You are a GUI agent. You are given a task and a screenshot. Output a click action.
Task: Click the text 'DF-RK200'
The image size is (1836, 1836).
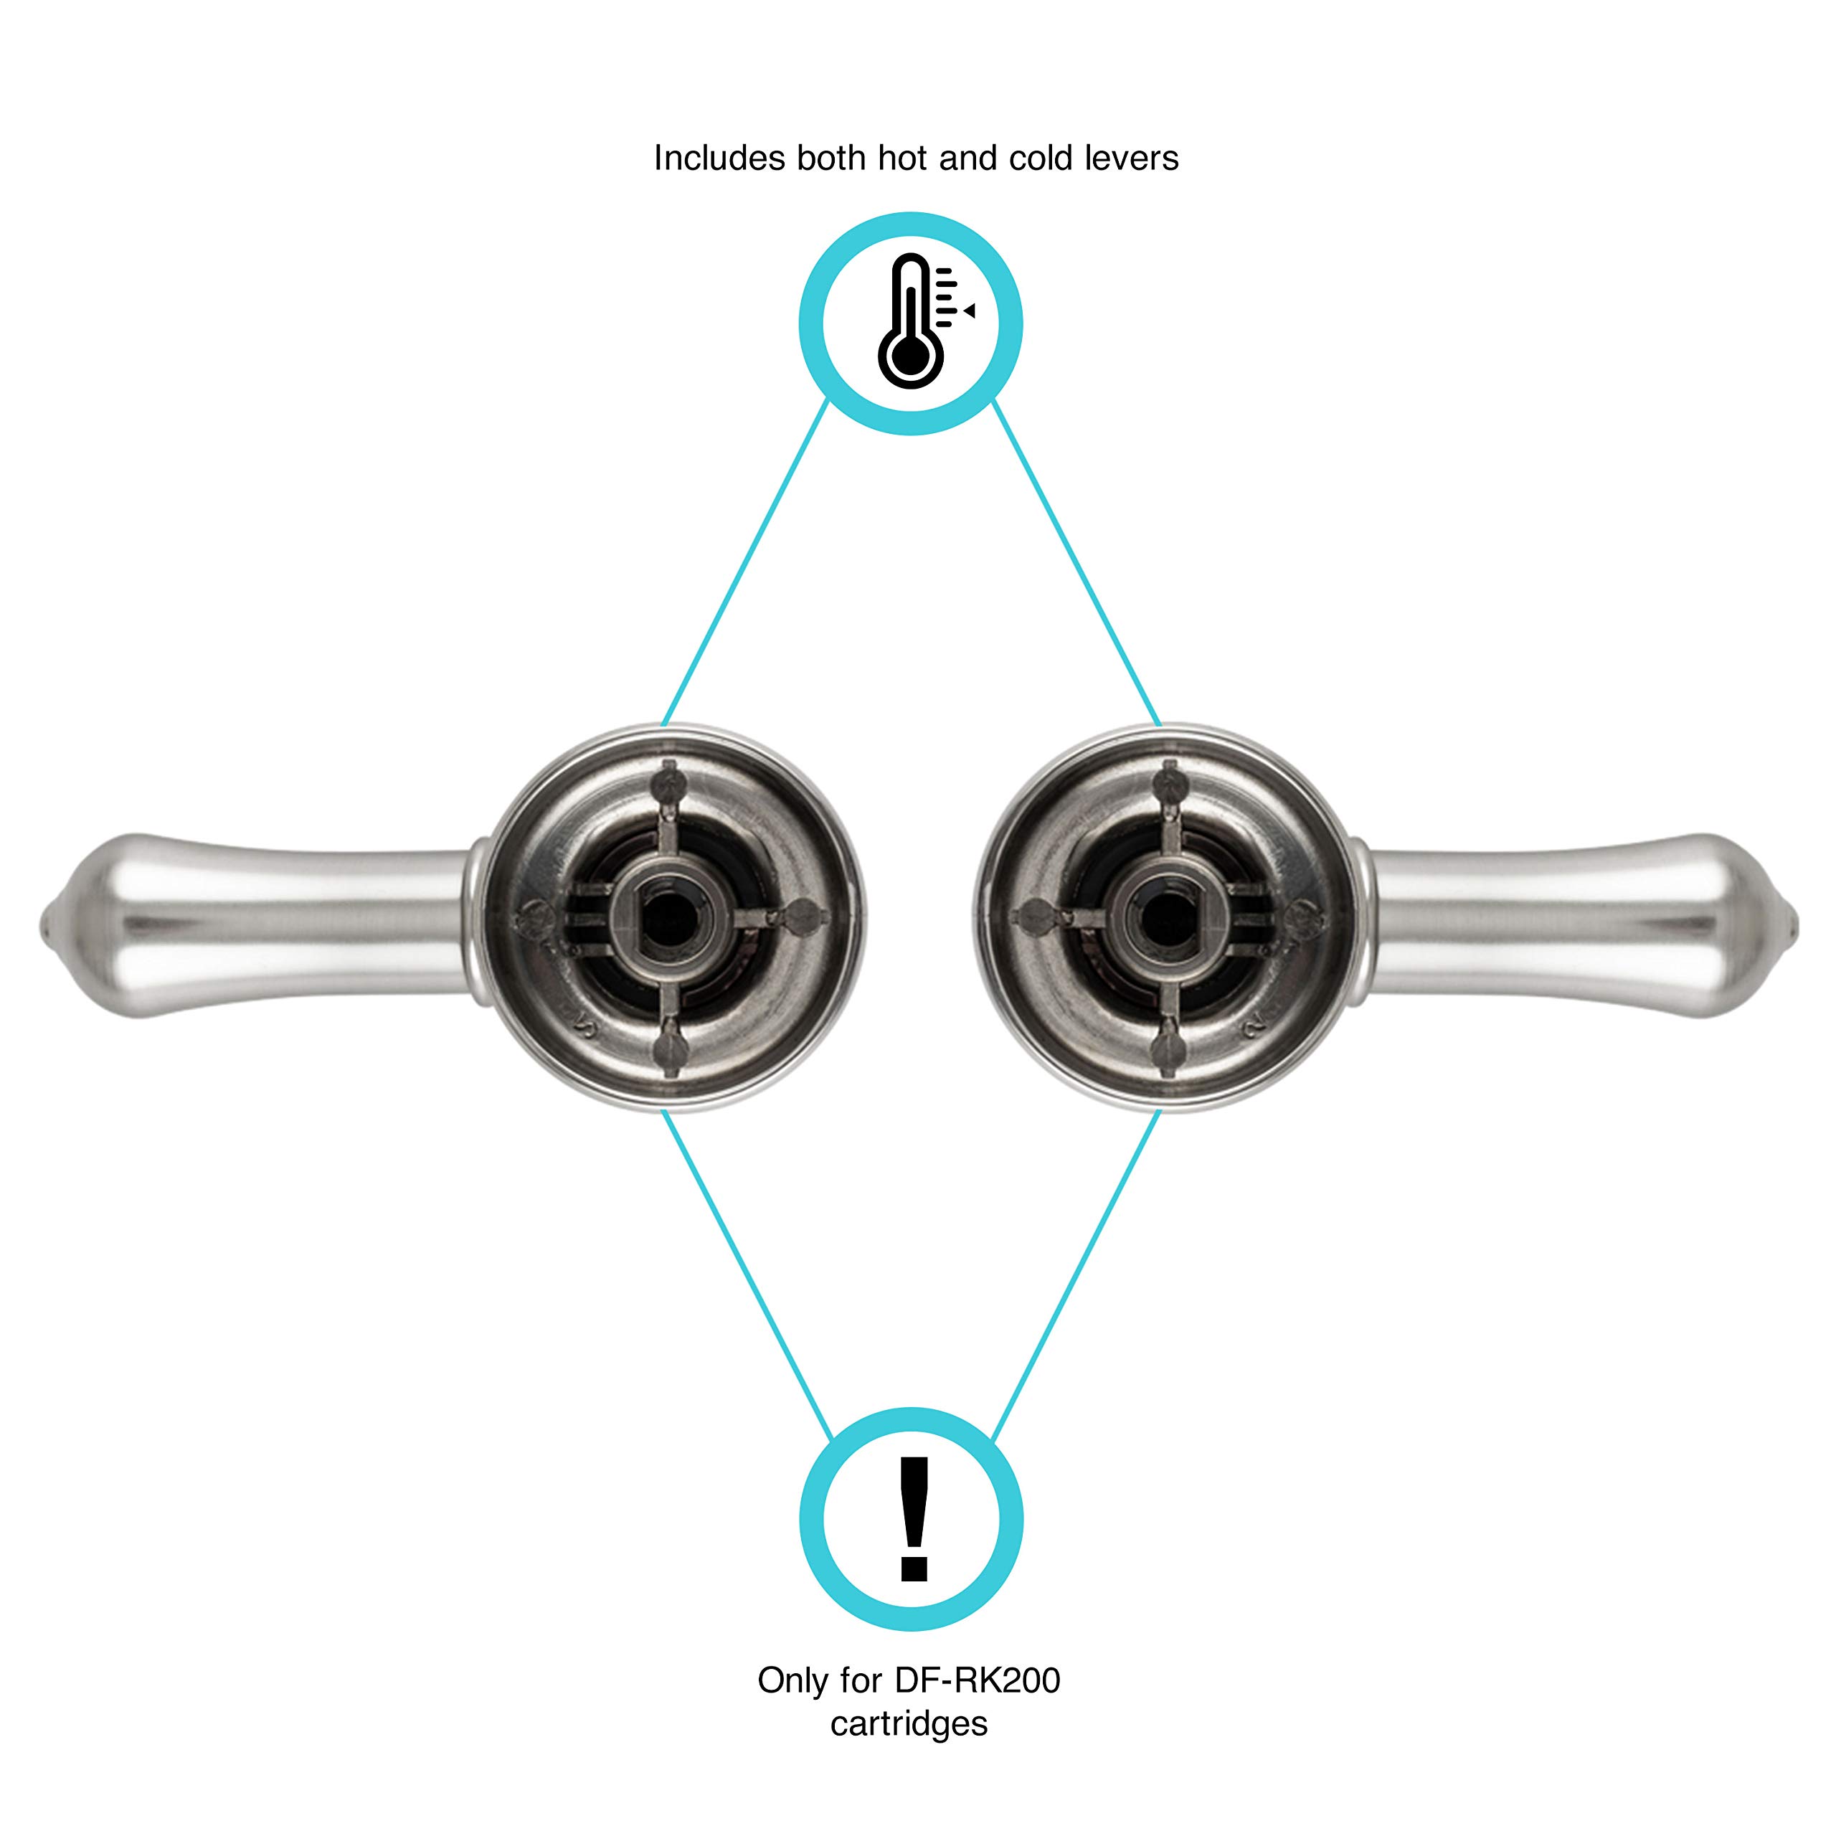coord(977,1681)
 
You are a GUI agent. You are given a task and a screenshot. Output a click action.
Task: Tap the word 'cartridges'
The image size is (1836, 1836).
coord(909,1724)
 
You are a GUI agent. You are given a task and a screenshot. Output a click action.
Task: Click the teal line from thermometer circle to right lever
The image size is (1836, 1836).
coord(1076,562)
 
